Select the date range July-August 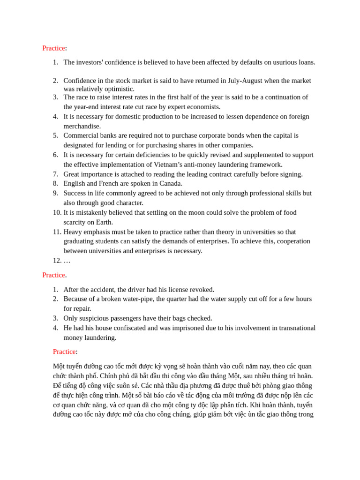click(x=245, y=81)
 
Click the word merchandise click(x=82, y=126)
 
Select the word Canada click(x=171, y=184)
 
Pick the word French click(x=109, y=184)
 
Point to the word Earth click(x=104, y=222)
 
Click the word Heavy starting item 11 click(x=73, y=232)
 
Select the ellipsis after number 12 click(x=67, y=261)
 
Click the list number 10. click(x=57, y=212)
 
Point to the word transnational click(x=295, y=328)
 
